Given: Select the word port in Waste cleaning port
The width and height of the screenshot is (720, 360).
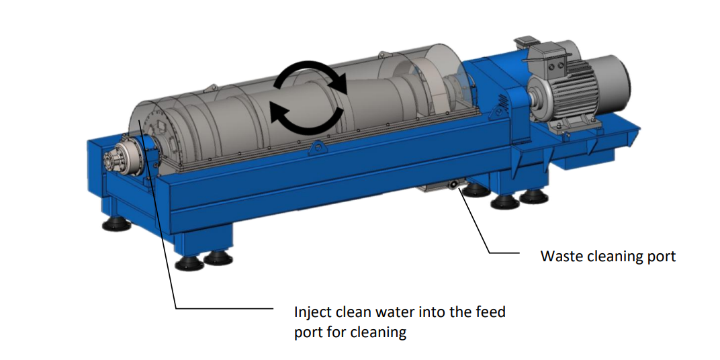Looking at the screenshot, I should (661, 257).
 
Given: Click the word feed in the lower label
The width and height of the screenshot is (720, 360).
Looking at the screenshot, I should (492, 312).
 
